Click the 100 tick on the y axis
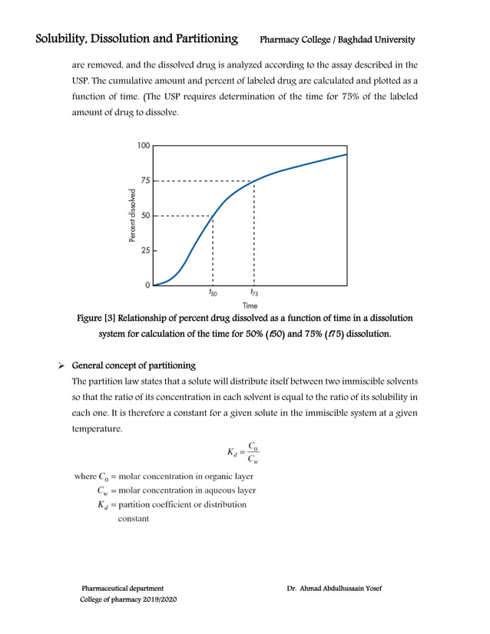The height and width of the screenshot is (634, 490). [x=144, y=145]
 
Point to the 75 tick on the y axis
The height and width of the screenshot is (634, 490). [x=145, y=181]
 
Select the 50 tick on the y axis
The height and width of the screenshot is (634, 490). [x=145, y=216]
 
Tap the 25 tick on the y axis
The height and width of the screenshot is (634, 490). [x=145, y=250]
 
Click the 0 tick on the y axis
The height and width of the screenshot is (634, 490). [x=147, y=285]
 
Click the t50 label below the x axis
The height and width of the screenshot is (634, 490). [x=213, y=293]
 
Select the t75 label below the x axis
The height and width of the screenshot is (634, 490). [x=253, y=293]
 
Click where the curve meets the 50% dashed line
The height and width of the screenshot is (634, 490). [x=213, y=216]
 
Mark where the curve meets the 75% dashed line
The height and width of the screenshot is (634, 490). [x=253, y=181]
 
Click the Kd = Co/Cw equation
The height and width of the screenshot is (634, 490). [x=244, y=452]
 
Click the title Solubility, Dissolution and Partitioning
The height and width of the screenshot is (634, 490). [x=136, y=38]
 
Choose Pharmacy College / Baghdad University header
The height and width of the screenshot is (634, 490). [x=337, y=39]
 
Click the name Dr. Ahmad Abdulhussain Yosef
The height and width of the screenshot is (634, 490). [x=334, y=589]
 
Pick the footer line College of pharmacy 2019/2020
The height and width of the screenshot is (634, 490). [x=128, y=599]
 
